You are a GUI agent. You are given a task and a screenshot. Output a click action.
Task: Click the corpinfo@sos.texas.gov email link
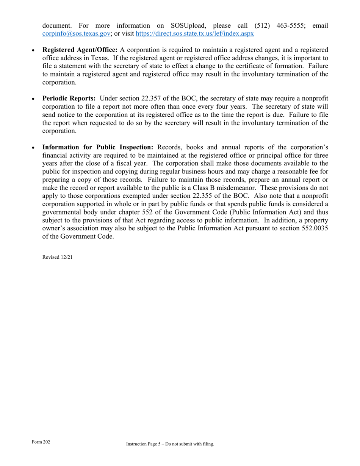point(76,33)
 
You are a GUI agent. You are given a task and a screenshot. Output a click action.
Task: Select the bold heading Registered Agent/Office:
point(80,50)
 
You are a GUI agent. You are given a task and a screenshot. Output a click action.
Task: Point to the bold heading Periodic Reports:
point(69,98)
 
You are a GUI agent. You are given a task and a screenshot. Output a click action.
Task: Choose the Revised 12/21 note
point(57,257)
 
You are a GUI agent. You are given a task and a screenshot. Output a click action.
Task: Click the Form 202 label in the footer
point(41,442)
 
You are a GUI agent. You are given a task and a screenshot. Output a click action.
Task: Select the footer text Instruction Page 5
point(144,444)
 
